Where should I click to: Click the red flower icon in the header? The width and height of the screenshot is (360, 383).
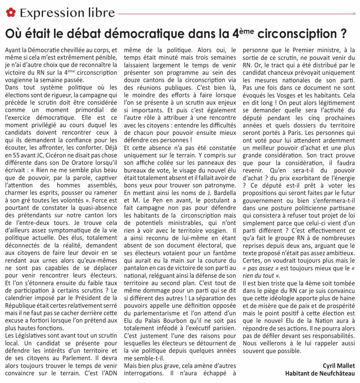[x=11, y=13]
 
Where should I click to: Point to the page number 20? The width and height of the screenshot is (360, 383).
[x=354, y=14]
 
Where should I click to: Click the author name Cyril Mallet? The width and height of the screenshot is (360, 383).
[x=339, y=365]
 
